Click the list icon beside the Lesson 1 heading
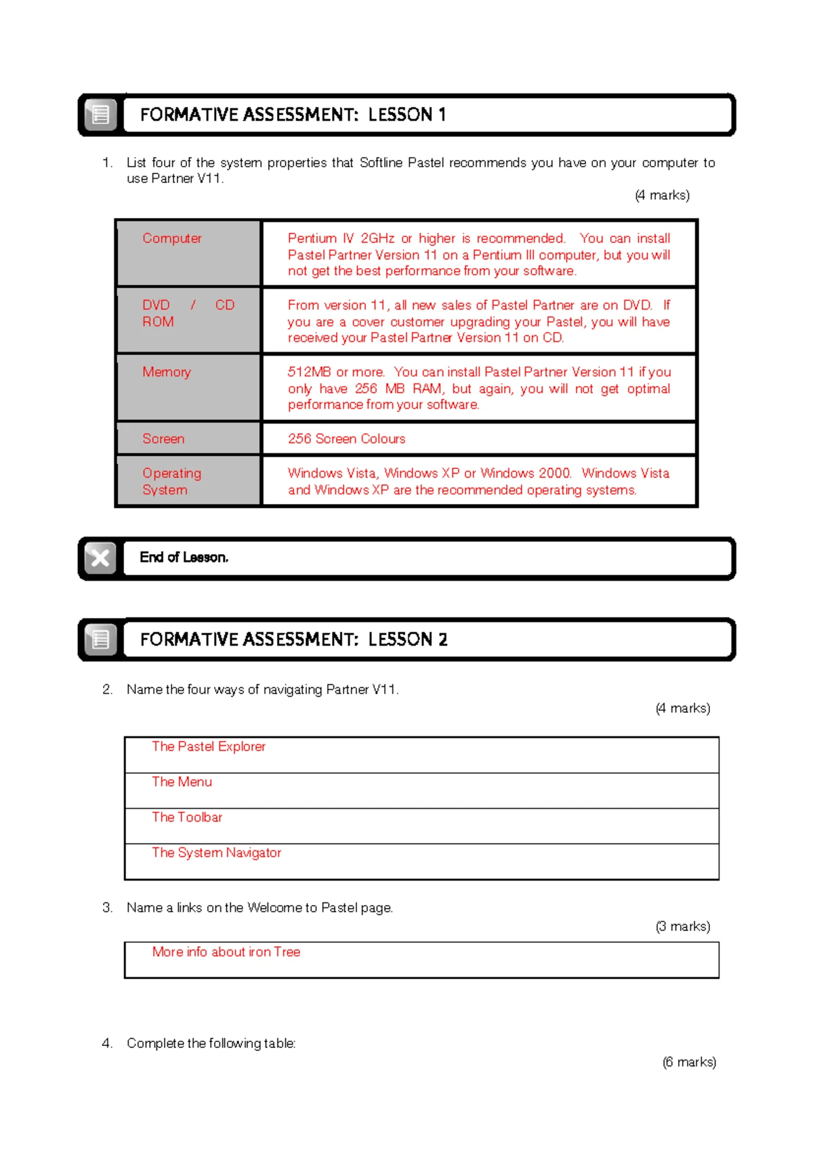pyautogui.click(x=100, y=114)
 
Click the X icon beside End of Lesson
pyautogui.click(x=100, y=558)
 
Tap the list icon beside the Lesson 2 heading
pyautogui.click(x=100, y=640)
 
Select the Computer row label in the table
pyautogui.click(x=172, y=238)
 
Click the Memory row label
pyautogui.click(x=167, y=372)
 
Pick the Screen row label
pyautogui.click(x=163, y=439)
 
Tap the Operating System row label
pyautogui.click(x=171, y=481)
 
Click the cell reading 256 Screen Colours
pyautogui.click(x=346, y=439)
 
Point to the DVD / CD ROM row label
pyautogui.click(x=188, y=313)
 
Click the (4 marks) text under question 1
pyautogui.click(x=662, y=195)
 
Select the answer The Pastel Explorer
pyautogui.click(x=209, y=747)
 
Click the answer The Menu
pyautogui.click(x=182, y=782)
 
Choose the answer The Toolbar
pyautogui.click(x=187, y=817)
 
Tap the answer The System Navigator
pyautogui.click(x=216, y=852)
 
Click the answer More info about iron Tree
pyautogui.click(x=226, y=952)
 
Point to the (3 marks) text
pyautogui.click(x=683, y=926)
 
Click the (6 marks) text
pyautogui.click(x=689, y=1062)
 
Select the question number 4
pyautogui.click(x=107, y=1043)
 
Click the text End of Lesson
pyautogui.click(x=184, y=558)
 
